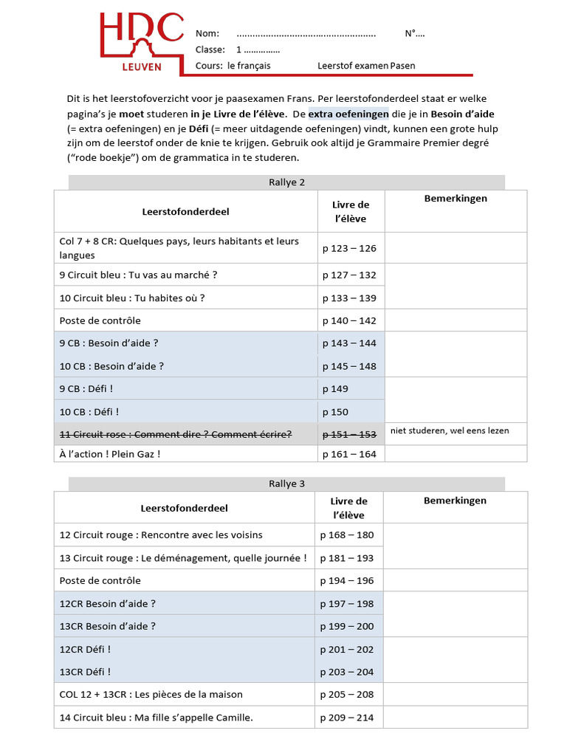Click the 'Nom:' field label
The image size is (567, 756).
coord(207,34)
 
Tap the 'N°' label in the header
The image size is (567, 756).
coord(414,34)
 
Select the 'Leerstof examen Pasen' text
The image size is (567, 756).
coord(366,66)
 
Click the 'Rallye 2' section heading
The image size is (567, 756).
coord(287,182)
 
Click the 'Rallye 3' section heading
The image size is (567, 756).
coord(287,484)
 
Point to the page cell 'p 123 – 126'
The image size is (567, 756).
coord(349,248)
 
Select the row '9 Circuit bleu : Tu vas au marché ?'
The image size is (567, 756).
coord(138,275)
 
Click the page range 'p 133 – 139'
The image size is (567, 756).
coord(349,298)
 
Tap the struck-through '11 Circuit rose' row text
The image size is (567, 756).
coord(176,434)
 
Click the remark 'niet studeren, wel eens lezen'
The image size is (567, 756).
coord(450,430)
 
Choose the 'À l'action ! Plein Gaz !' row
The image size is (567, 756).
coord(110,454)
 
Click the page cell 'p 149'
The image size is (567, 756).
coord(335,389)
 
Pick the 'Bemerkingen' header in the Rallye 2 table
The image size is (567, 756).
coord(456,199)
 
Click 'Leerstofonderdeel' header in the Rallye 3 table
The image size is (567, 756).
coord(185,508)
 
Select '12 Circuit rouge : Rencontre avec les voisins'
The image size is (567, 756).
coord(161,535)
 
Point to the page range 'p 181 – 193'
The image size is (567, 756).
coord(347,558)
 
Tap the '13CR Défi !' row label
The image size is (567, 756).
coord(86,672)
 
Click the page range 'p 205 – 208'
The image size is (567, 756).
coord(347,694)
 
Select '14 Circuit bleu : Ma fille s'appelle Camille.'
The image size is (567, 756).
coord(157,718)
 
